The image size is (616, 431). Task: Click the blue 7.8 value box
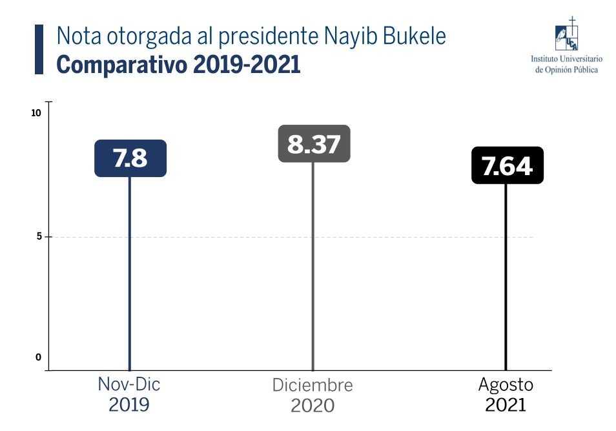[130, 158]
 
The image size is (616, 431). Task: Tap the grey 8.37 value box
[314, 143]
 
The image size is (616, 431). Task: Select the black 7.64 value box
[507, 165]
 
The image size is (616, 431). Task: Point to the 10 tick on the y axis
[36, 113]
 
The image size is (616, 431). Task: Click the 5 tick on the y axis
[39, 237]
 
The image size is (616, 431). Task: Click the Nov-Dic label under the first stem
[129, 384]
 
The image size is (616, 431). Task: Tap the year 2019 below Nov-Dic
[129, 405]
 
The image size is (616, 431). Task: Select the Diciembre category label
[313, 385]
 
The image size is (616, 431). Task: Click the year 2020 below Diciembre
[313, 406]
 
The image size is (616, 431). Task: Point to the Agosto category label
[506, 384]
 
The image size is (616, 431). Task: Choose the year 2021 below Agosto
[506, 405]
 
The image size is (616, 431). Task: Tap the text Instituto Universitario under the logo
[566, 59]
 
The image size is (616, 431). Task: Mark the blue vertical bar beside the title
[39, 49]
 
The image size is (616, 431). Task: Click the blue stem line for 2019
[130, 271]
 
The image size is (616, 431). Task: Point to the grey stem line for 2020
[313, 265]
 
